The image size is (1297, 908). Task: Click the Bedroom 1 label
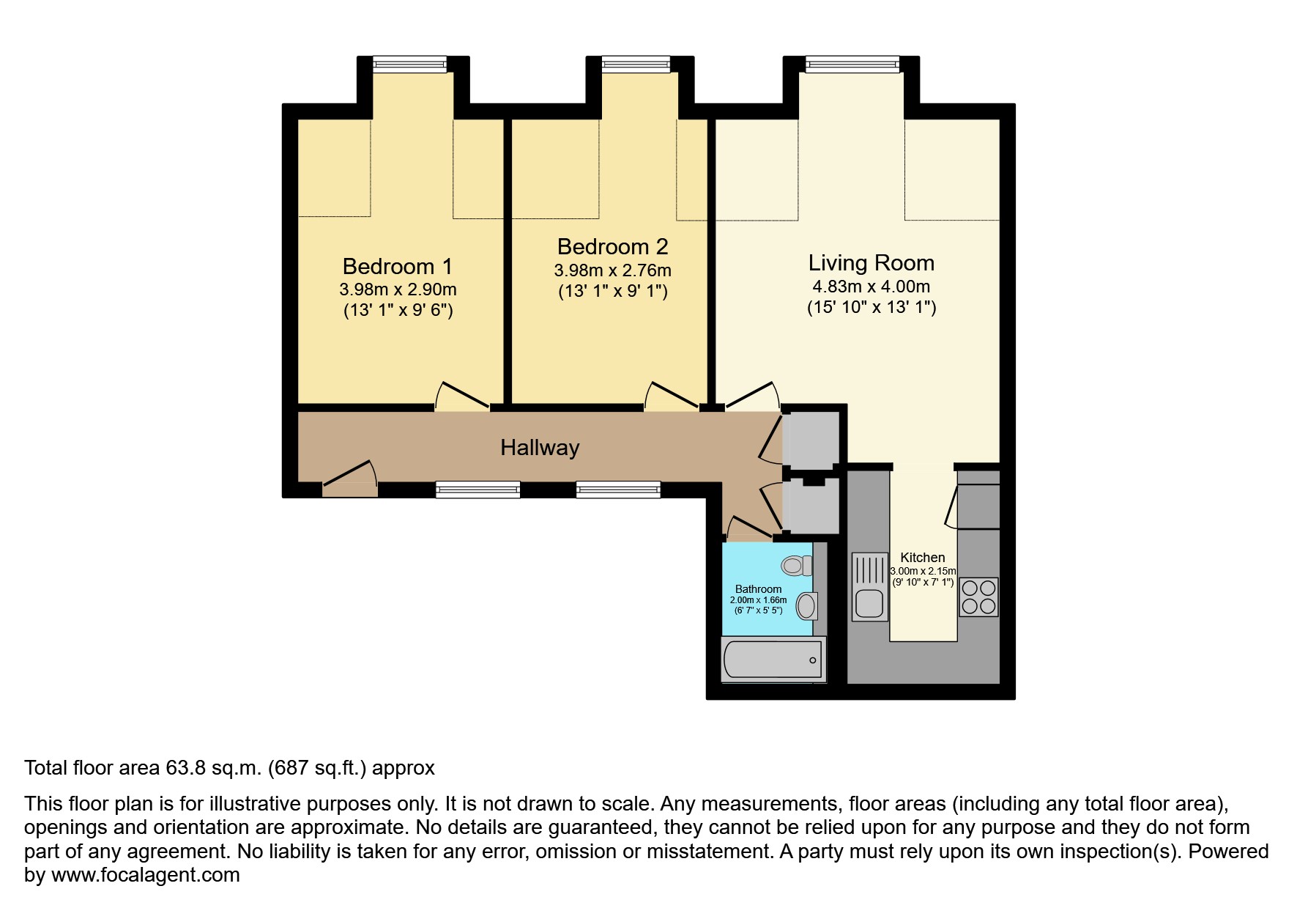pyautogui.click(x=398, y=265)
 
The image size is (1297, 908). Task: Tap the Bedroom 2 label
pyautogui.click(x=612, y=246)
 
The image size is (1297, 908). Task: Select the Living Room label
pyautogui.click(x=871, y=262)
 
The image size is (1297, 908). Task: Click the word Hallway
pyautogui.click(x=540, y=448)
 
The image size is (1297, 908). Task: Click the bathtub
pyautogui.click(x=773, y=660)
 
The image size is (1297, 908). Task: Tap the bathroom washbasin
pyautogui.click(x=806, y=606)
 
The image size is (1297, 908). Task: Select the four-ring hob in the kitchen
pyautogui.click(x=978, y=597)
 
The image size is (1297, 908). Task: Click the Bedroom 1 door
pyautogui.click(x=462, y=396)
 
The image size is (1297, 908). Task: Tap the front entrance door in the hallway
pyautogui.click(x=350, y=475)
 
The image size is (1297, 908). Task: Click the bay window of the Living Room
pyautogui.click(x=852, y=64)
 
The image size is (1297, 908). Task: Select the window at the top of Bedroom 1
pyautogui.click(x=409, y=64)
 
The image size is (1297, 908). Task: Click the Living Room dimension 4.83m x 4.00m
pyautogui.click(x=871, y=287)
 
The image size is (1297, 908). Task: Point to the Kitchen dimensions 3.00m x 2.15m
pyautogui.click(x=922, y=571)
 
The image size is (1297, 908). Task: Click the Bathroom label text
pyautogui.click(x=758, y=589)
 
